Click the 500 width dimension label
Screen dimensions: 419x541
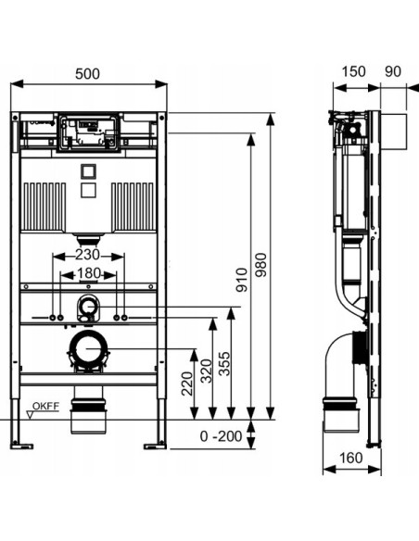87,74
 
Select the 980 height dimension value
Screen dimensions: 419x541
261,265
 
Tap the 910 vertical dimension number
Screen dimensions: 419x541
242,280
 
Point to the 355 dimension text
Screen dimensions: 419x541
224,364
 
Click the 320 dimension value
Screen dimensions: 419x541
207,371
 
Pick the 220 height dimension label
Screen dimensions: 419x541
187,384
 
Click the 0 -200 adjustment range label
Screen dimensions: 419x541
221,436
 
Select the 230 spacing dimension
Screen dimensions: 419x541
88,255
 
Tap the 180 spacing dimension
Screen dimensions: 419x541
89,273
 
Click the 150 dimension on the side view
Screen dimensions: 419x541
353,71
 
